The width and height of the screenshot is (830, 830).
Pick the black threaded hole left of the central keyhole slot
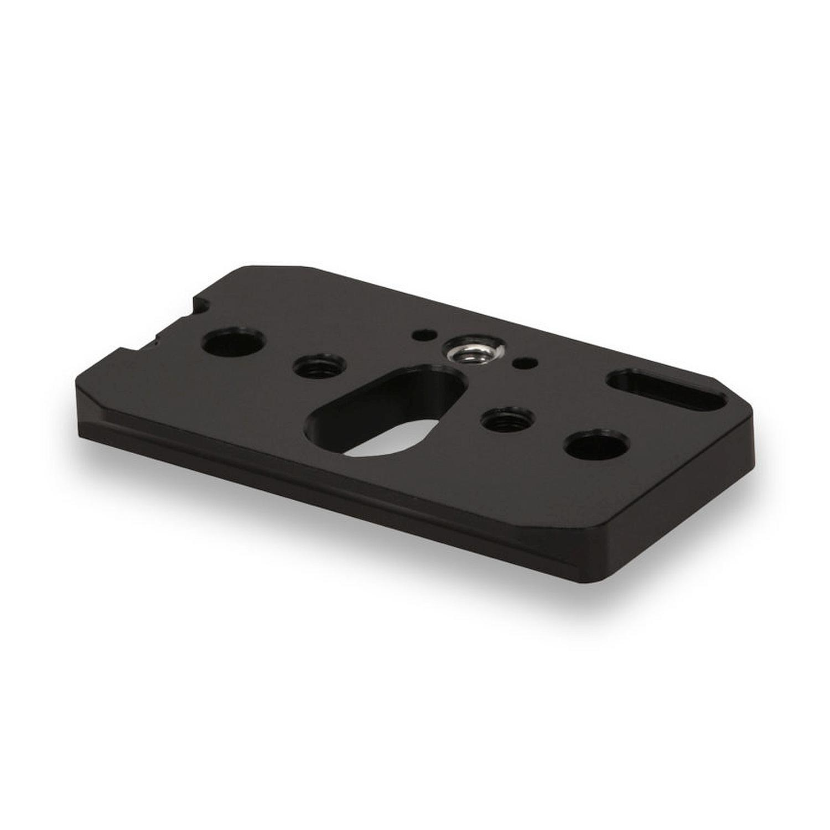tap(319, 367)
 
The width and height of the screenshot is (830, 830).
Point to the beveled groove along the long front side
tap(332, 481)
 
